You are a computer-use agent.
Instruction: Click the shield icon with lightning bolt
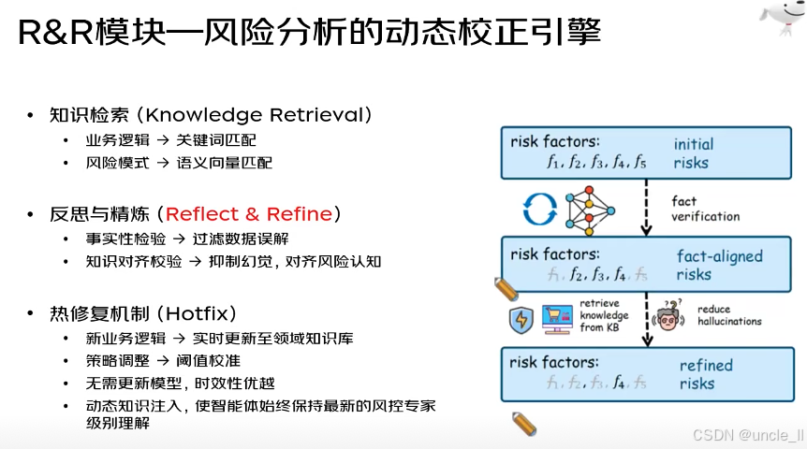(520, 318)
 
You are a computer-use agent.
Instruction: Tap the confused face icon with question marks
(667, 316)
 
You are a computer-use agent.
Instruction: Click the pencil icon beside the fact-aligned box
(506, 287)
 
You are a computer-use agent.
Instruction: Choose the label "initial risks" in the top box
(693, 153)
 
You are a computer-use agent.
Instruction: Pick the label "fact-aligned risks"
(719, 265)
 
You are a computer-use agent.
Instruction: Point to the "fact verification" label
(705, 209)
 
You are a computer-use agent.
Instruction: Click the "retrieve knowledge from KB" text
(605, 315)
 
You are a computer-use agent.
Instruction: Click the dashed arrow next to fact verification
(646, 207)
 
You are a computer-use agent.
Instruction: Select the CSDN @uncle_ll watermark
(748, 435)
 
